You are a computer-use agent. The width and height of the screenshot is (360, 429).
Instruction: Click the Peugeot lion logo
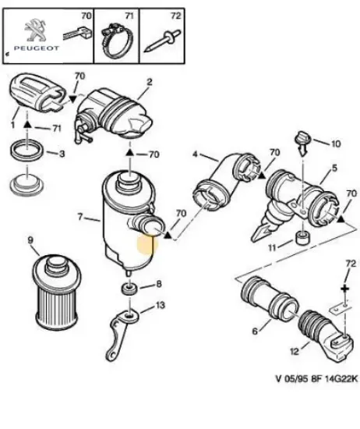(x=36, y=30)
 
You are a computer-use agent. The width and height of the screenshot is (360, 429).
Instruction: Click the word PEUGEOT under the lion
(x=37, y=48)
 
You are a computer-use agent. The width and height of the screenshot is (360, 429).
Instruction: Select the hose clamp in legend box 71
(x=116, y=41)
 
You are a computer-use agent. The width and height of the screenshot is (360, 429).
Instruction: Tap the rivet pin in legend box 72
(x=162, y=41)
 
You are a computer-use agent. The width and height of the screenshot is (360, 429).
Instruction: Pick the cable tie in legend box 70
(x=78, y=34)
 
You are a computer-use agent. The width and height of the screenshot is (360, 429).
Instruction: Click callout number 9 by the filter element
(x=30, y=240)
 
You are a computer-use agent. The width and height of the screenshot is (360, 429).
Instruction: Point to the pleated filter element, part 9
(x=57, y=292)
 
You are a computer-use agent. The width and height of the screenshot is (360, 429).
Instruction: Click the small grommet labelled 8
(x=129, y=289)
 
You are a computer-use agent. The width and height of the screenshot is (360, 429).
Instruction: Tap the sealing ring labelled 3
(x=26, y=151)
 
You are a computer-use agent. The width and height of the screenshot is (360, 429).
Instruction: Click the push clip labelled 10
(x=302, y=144)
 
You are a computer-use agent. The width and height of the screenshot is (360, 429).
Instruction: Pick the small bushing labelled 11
(x=303, y=238)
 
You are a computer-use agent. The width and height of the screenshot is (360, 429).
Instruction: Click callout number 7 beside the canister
(x=79, y=217)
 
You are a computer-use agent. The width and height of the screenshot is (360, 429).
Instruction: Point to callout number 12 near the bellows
(x=295, y=351)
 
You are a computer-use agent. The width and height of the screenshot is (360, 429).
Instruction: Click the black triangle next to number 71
(x=26, y=125)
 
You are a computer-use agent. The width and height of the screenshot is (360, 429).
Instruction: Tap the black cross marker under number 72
(x=345, y=289)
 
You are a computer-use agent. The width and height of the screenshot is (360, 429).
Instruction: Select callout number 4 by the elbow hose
(x=195, y=154)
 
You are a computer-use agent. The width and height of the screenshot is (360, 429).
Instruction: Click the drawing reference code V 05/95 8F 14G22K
(x=316, y=379)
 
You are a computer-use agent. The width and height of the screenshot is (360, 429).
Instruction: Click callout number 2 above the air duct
(x=150, y=82)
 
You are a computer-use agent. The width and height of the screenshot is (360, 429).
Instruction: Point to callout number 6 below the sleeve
(x=255, y=331)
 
